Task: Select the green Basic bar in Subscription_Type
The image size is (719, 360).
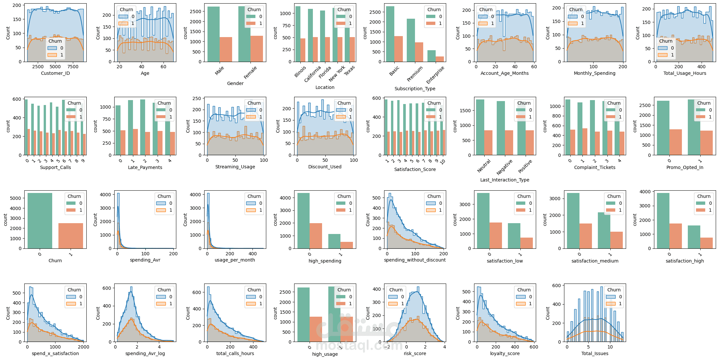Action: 390,34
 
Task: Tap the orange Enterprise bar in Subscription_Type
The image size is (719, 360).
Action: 440,59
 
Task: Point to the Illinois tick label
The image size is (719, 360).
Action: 300,72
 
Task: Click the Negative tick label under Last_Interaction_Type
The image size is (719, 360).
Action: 504,167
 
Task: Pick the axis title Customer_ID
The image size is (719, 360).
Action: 55,73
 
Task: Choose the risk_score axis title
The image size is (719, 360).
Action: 415,353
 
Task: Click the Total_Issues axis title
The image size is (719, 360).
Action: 595,353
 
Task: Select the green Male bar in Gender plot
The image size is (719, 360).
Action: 213,34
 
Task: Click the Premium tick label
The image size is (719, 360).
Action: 415,74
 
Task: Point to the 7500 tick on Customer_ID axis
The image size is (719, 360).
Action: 73,67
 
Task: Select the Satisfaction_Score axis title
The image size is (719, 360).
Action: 415,169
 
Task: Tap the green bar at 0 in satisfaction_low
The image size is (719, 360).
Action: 483,221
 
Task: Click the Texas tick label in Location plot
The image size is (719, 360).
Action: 349,70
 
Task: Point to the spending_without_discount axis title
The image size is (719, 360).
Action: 415,260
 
